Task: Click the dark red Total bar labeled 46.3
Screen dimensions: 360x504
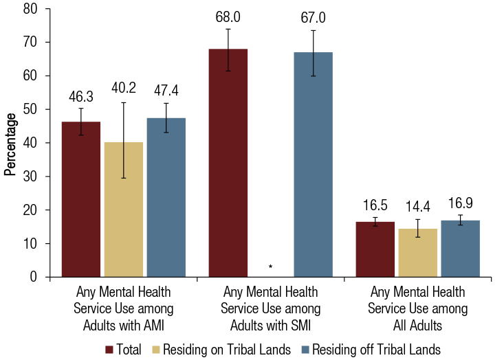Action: pos(81,199)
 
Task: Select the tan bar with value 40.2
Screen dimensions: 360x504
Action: pos(124,210)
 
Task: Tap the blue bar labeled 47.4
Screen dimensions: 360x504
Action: pos(166,198)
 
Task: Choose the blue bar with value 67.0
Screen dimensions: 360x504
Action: pos(313,165)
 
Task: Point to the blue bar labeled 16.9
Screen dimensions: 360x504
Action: pos(460,249)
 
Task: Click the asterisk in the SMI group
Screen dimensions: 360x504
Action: pos(271,267)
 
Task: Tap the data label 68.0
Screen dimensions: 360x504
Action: pos(228,16)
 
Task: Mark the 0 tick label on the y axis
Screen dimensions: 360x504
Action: pos(36,278)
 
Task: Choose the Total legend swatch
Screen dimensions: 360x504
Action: pos(109,350)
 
